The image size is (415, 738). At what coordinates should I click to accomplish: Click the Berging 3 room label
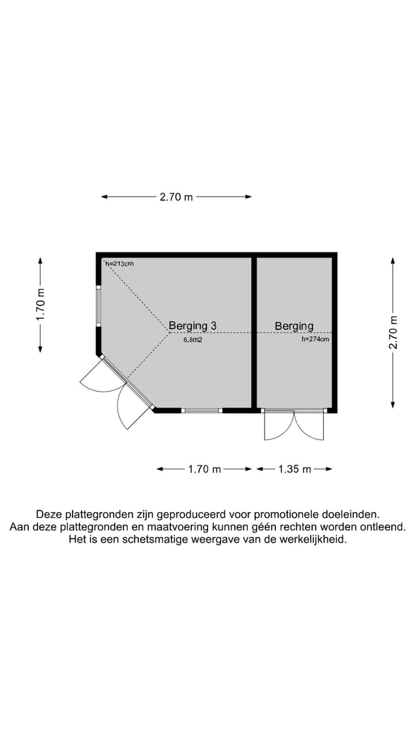pos(193,326)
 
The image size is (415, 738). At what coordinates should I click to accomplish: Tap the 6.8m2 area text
pos(193,340)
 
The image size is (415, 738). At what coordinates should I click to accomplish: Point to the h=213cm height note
pos(119,263)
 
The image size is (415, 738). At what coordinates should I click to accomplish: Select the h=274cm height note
pos(315,340)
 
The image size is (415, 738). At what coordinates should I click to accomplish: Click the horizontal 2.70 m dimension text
pos(176,197)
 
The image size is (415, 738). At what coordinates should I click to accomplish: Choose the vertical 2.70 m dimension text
pos(393,332)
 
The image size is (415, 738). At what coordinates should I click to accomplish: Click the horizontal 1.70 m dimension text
pos(205,469)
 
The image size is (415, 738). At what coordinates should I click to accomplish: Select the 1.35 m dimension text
pos(295,469)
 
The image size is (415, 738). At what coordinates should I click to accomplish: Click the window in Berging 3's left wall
pos(99,306)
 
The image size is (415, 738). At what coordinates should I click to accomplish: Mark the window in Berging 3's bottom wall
pos(202,411)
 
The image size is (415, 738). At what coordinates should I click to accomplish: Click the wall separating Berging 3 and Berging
pos(254,332)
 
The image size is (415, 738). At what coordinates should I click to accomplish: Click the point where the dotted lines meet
pos(169,332)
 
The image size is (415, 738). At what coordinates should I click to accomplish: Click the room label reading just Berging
pos(294,326)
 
